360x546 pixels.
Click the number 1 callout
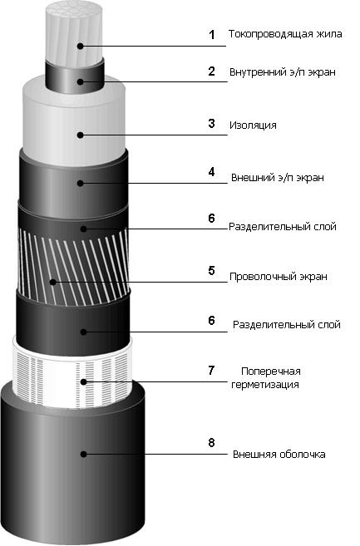coord(211,35)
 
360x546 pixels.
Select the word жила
coord(329,34)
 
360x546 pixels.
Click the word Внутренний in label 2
coord(259,72)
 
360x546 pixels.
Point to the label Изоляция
coord(253,125)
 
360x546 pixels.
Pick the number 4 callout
coord(211,172)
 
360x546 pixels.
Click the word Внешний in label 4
coord(253,178)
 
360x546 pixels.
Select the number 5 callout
coord(211,271)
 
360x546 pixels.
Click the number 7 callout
coord(211,370)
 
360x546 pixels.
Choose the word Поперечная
coord(271,371)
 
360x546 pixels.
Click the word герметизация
coord(265,385)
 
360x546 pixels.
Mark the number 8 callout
coord(211,443)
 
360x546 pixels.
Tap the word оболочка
coord(303,455)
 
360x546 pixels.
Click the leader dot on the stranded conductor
coord(81,46)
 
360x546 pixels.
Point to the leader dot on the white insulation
coord(81,135)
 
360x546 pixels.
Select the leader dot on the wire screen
coord(52,282)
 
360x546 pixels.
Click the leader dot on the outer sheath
coord(83,454)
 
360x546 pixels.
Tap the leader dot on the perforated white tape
coord(83,382)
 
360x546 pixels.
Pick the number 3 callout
coord(211,124)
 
